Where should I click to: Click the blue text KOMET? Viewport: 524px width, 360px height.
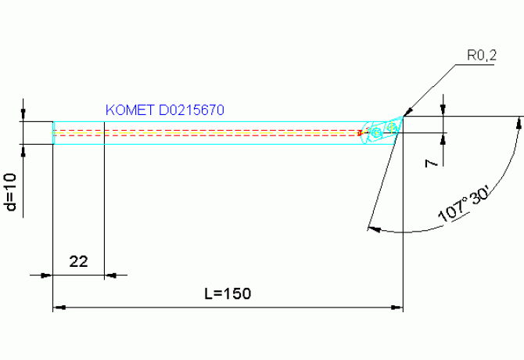tap(130, 110)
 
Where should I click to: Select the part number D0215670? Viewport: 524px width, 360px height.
tap(192, 110)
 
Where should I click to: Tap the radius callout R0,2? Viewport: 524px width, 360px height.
tap(482, 55)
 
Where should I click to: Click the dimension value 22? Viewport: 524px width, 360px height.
tap(78, 261)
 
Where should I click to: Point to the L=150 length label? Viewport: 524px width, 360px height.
tap(228, 293)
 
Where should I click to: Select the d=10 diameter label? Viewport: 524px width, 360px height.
tap(11, 192)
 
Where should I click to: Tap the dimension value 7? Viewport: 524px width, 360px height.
tap(431, 163)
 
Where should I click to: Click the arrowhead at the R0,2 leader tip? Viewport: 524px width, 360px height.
tap(408, 112)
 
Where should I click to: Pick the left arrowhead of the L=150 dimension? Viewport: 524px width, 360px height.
tap(59, 308)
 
